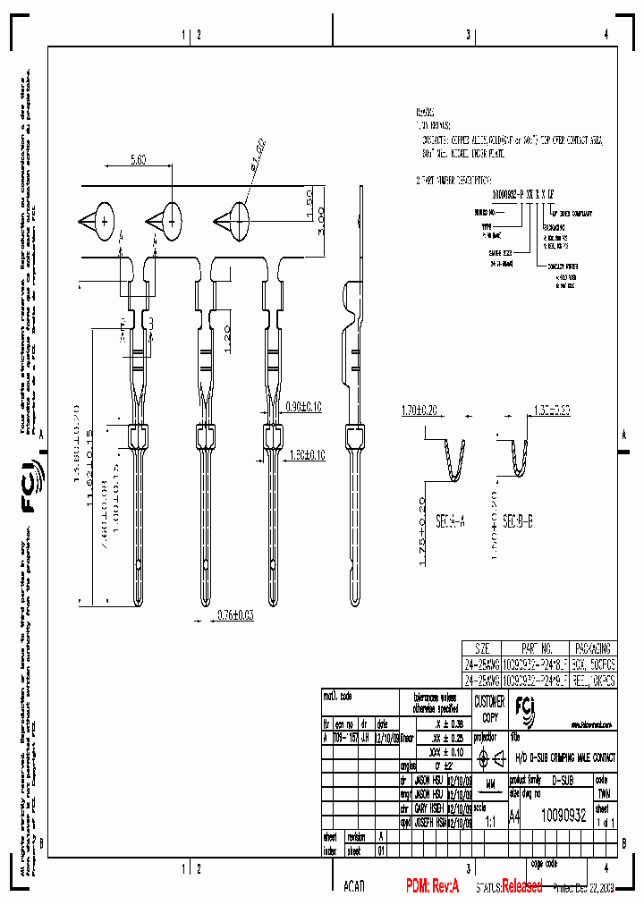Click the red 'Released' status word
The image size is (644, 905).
[521, 886]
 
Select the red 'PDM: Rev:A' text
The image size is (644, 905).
[432, 886]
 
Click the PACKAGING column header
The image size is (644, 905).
[593, 648]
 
